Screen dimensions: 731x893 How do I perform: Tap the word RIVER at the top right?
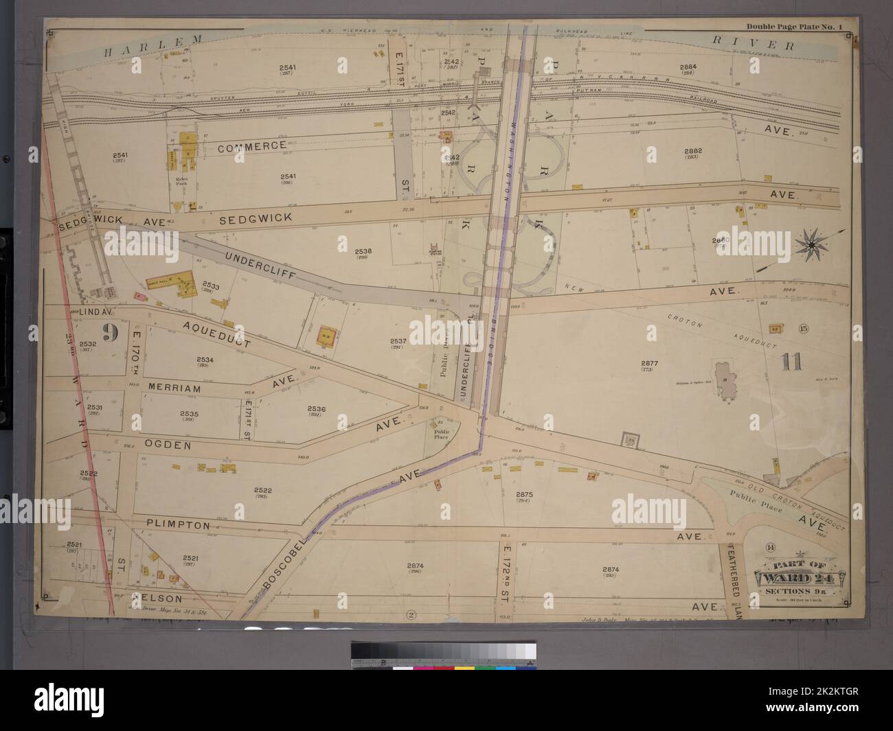point(752,45)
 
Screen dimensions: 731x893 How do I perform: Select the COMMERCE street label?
point(252,146)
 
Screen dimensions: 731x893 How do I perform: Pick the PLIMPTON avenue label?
point(177,524)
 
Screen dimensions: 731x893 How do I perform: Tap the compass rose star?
point(811,242)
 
